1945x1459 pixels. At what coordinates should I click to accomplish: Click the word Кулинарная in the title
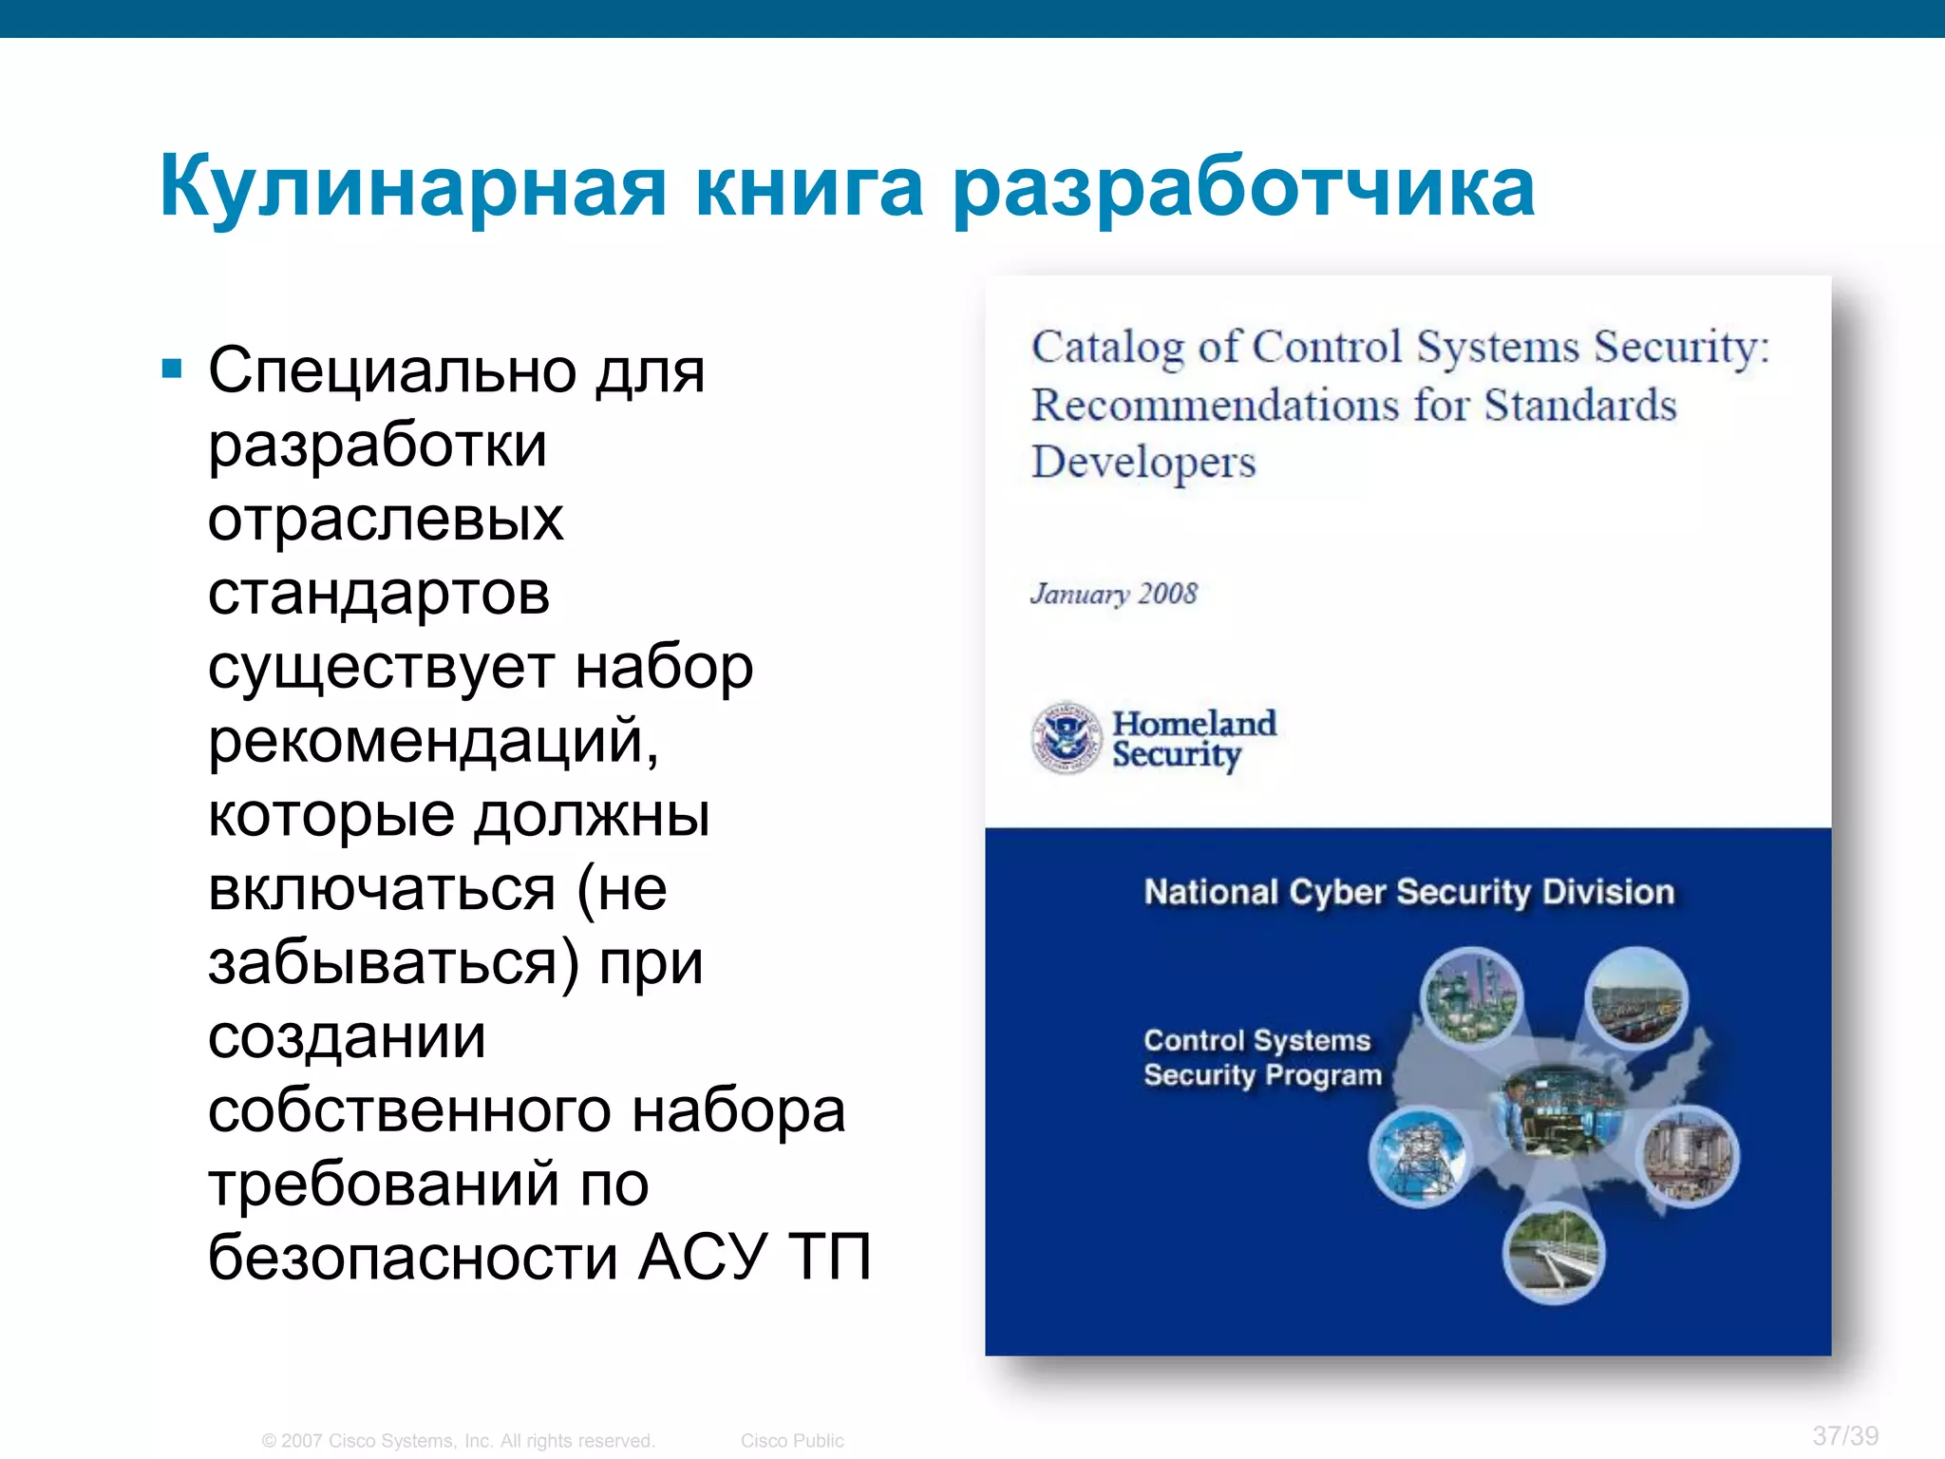pos(413,187)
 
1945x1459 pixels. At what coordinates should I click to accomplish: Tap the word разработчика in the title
pos(1243,187)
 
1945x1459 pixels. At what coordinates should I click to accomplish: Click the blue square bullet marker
pos(172,369)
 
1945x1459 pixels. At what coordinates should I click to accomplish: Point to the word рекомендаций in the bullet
pos(433,741)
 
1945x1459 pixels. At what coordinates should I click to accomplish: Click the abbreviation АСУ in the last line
pos(701,1258)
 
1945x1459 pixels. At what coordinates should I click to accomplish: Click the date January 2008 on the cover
pos(1114,595)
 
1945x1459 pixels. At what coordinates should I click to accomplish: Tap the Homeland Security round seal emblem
pos(1066,738)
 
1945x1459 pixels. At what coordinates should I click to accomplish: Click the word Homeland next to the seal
pos(1194,724)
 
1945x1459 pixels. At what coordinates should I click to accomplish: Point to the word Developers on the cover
pos(1143,464)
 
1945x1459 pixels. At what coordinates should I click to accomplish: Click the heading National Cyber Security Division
pos(1408,893)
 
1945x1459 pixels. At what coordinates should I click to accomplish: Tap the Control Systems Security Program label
pos(1261,1058)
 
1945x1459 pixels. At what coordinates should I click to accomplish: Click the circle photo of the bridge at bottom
pos(1554,1254)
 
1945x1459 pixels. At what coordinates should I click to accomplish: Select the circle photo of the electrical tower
pos(1418,1158)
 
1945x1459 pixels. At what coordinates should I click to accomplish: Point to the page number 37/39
pos(1844,1435)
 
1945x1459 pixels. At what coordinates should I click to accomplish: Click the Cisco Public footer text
pos(792,1441)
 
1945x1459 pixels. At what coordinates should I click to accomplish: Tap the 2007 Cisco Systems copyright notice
pos(459,1441)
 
